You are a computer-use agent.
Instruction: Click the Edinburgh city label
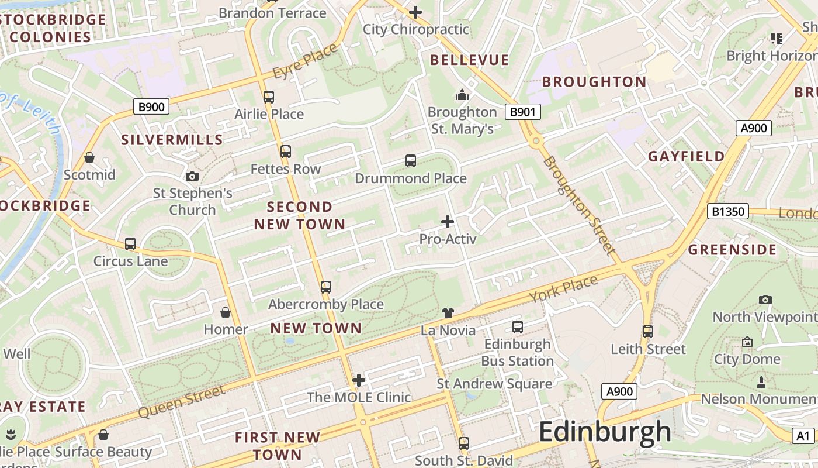[x=605, y=432]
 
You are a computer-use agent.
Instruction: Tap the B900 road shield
[x=151, y=106]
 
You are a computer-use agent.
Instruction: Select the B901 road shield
[x=522, y=112]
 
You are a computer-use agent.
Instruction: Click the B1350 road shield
[x=727, y=211]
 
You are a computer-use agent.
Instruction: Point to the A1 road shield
[x=803, y=435]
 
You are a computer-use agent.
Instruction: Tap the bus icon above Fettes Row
[x=285, y=152]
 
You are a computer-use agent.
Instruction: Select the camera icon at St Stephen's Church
[x=192, y=176]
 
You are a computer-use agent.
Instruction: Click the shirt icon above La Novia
[x=448, y=313]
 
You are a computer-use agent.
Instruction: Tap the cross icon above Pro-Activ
[x=448, y=222]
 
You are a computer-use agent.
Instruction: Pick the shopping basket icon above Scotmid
[x=89, y=157]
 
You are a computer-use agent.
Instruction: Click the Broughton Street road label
[x=579, y=205]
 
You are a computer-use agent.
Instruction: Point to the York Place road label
[x=563, y=288]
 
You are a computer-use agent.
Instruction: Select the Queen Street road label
[x=181, y=402]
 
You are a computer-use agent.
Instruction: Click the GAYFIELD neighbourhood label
[x=686, y=156]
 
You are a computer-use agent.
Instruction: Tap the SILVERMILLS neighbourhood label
[x=172, y=139]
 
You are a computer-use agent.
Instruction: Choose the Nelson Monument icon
[x=761, y=383]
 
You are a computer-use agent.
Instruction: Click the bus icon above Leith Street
[x=647, y=332]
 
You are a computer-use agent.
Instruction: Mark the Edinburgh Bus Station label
[x=517, y=353]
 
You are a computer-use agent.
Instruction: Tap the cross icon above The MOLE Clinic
[x=359, y=380]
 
